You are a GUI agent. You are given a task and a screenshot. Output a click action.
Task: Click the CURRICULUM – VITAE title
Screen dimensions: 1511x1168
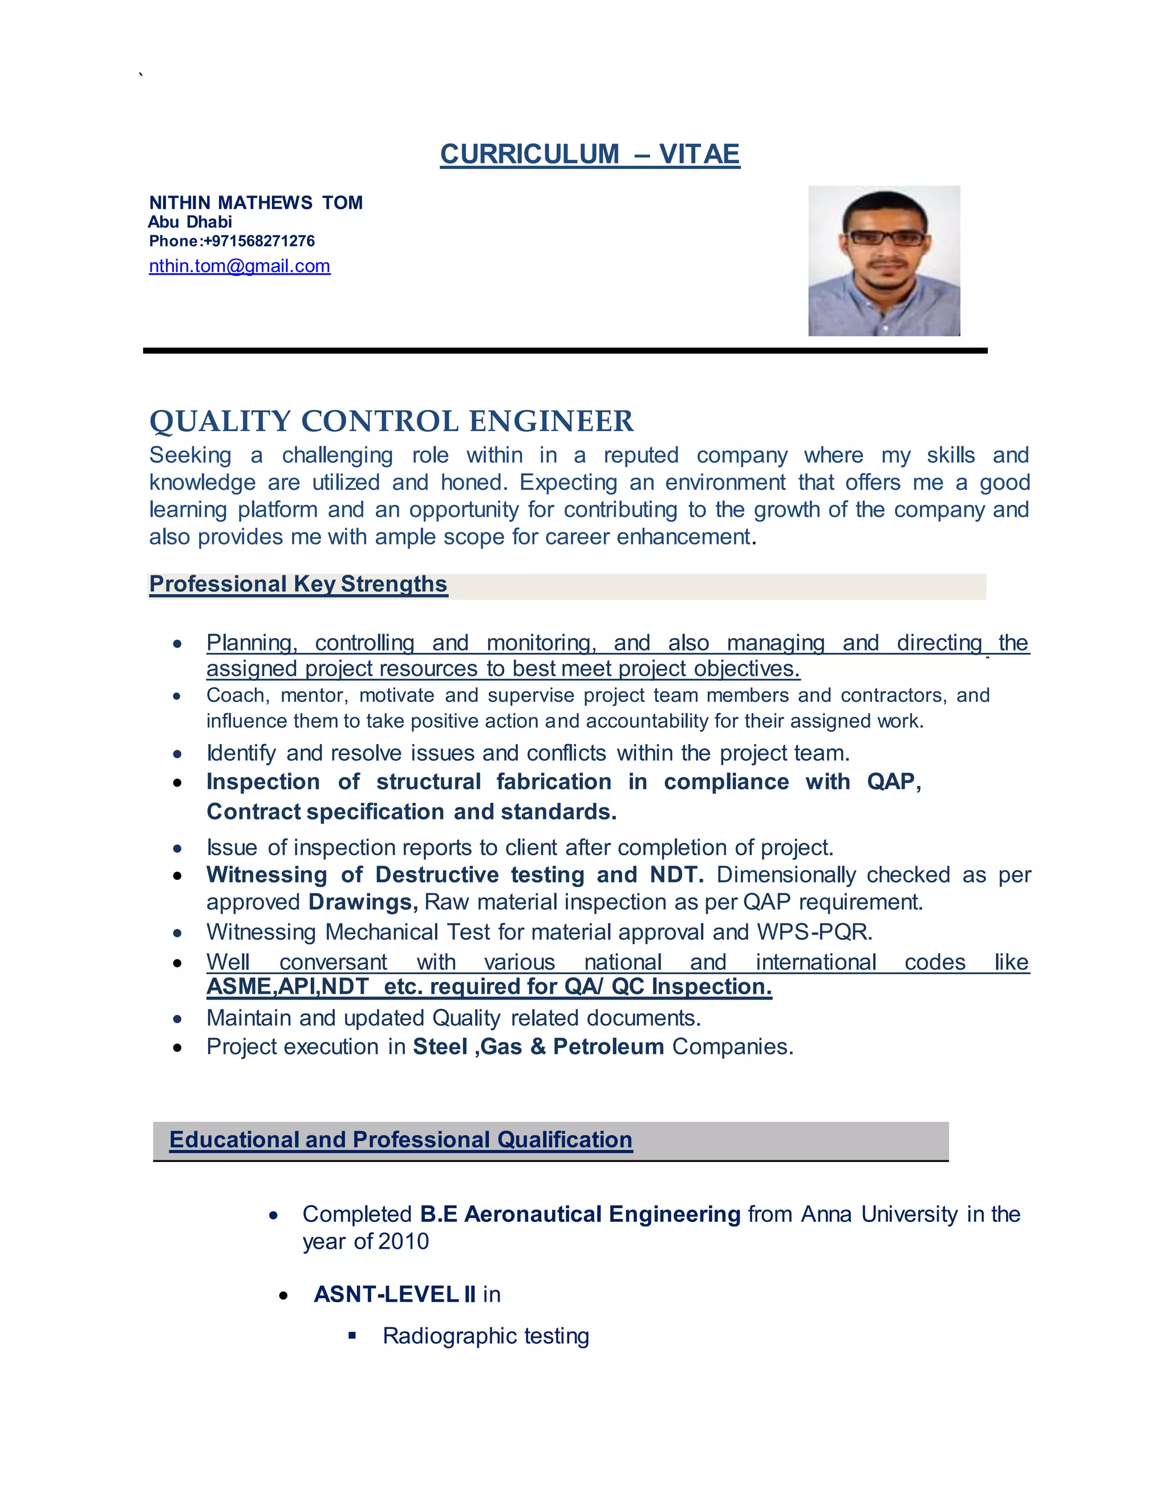tap(590, 153)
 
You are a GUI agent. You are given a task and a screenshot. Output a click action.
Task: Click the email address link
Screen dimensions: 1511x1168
tap(240, 266)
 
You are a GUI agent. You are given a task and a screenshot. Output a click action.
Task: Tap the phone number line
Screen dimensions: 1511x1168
tap(232, 241)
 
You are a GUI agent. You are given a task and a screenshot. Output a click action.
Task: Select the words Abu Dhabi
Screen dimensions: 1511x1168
tap(190, 222)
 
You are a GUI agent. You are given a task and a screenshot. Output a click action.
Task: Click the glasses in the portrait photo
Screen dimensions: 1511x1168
tap(885, 238)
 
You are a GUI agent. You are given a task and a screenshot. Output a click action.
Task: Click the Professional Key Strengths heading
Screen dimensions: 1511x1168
tap(298, 584)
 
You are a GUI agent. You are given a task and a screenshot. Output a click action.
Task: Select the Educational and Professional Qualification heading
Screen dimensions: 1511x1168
tap(400, 1139)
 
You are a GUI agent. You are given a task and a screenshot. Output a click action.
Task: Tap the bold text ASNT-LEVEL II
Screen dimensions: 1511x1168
tap(395, 1294)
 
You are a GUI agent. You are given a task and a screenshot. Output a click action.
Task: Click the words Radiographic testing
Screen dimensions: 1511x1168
tap(486, 1336)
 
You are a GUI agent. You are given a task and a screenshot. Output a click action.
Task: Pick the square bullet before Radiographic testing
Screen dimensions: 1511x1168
tap(352, 1336)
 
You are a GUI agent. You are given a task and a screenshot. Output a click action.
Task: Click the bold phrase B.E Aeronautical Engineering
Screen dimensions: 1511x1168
tap(580, 1214)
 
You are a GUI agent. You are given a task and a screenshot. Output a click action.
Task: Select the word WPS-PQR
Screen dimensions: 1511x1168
tap(814, 932)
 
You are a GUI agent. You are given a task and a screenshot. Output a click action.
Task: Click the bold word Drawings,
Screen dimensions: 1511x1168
tap(363, 902)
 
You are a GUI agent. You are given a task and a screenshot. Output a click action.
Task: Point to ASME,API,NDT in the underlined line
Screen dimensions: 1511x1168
tap(287, 986)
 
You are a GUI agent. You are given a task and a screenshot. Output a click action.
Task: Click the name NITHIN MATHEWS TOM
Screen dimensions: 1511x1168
tap(256, 203)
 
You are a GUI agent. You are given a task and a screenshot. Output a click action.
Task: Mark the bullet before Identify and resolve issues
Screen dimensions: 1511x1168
tap(178, 754)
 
